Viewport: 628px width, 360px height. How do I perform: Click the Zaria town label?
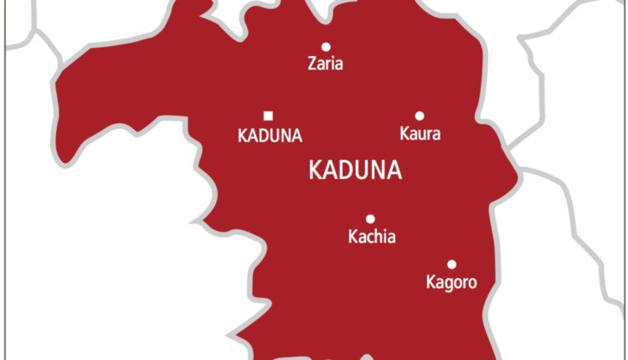pos(325,64)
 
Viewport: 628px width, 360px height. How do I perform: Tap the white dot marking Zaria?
pos(326,47)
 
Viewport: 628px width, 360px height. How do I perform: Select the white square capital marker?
pos(268,116)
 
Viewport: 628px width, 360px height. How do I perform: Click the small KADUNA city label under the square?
pos(270,136)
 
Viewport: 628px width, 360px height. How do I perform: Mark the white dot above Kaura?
pos(420,116)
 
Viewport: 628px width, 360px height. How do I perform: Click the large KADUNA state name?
pos(355,171)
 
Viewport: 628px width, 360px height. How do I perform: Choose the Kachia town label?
pos(372,237)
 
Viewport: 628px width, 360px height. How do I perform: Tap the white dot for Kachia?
pos(371,219)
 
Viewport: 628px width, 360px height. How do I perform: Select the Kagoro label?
pos(451,283)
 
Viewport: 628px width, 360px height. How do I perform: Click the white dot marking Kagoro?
pos(451,265)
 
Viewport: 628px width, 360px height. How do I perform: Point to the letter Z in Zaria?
pos(311,64)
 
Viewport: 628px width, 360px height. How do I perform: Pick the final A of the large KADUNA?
pos(394,171)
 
